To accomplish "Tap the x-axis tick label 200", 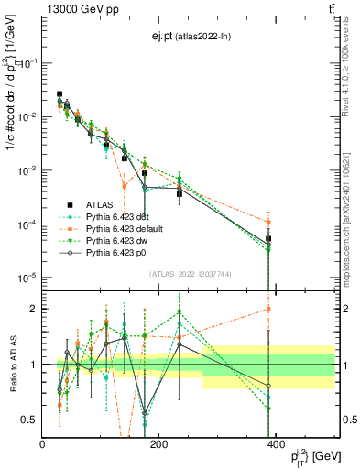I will coord(158,445).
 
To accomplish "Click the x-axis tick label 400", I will coord(275,445).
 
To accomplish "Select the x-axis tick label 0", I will coord(43,445).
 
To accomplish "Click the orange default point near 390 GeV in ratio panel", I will coord(268,309).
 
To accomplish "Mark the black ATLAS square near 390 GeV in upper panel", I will coord(268,239).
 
